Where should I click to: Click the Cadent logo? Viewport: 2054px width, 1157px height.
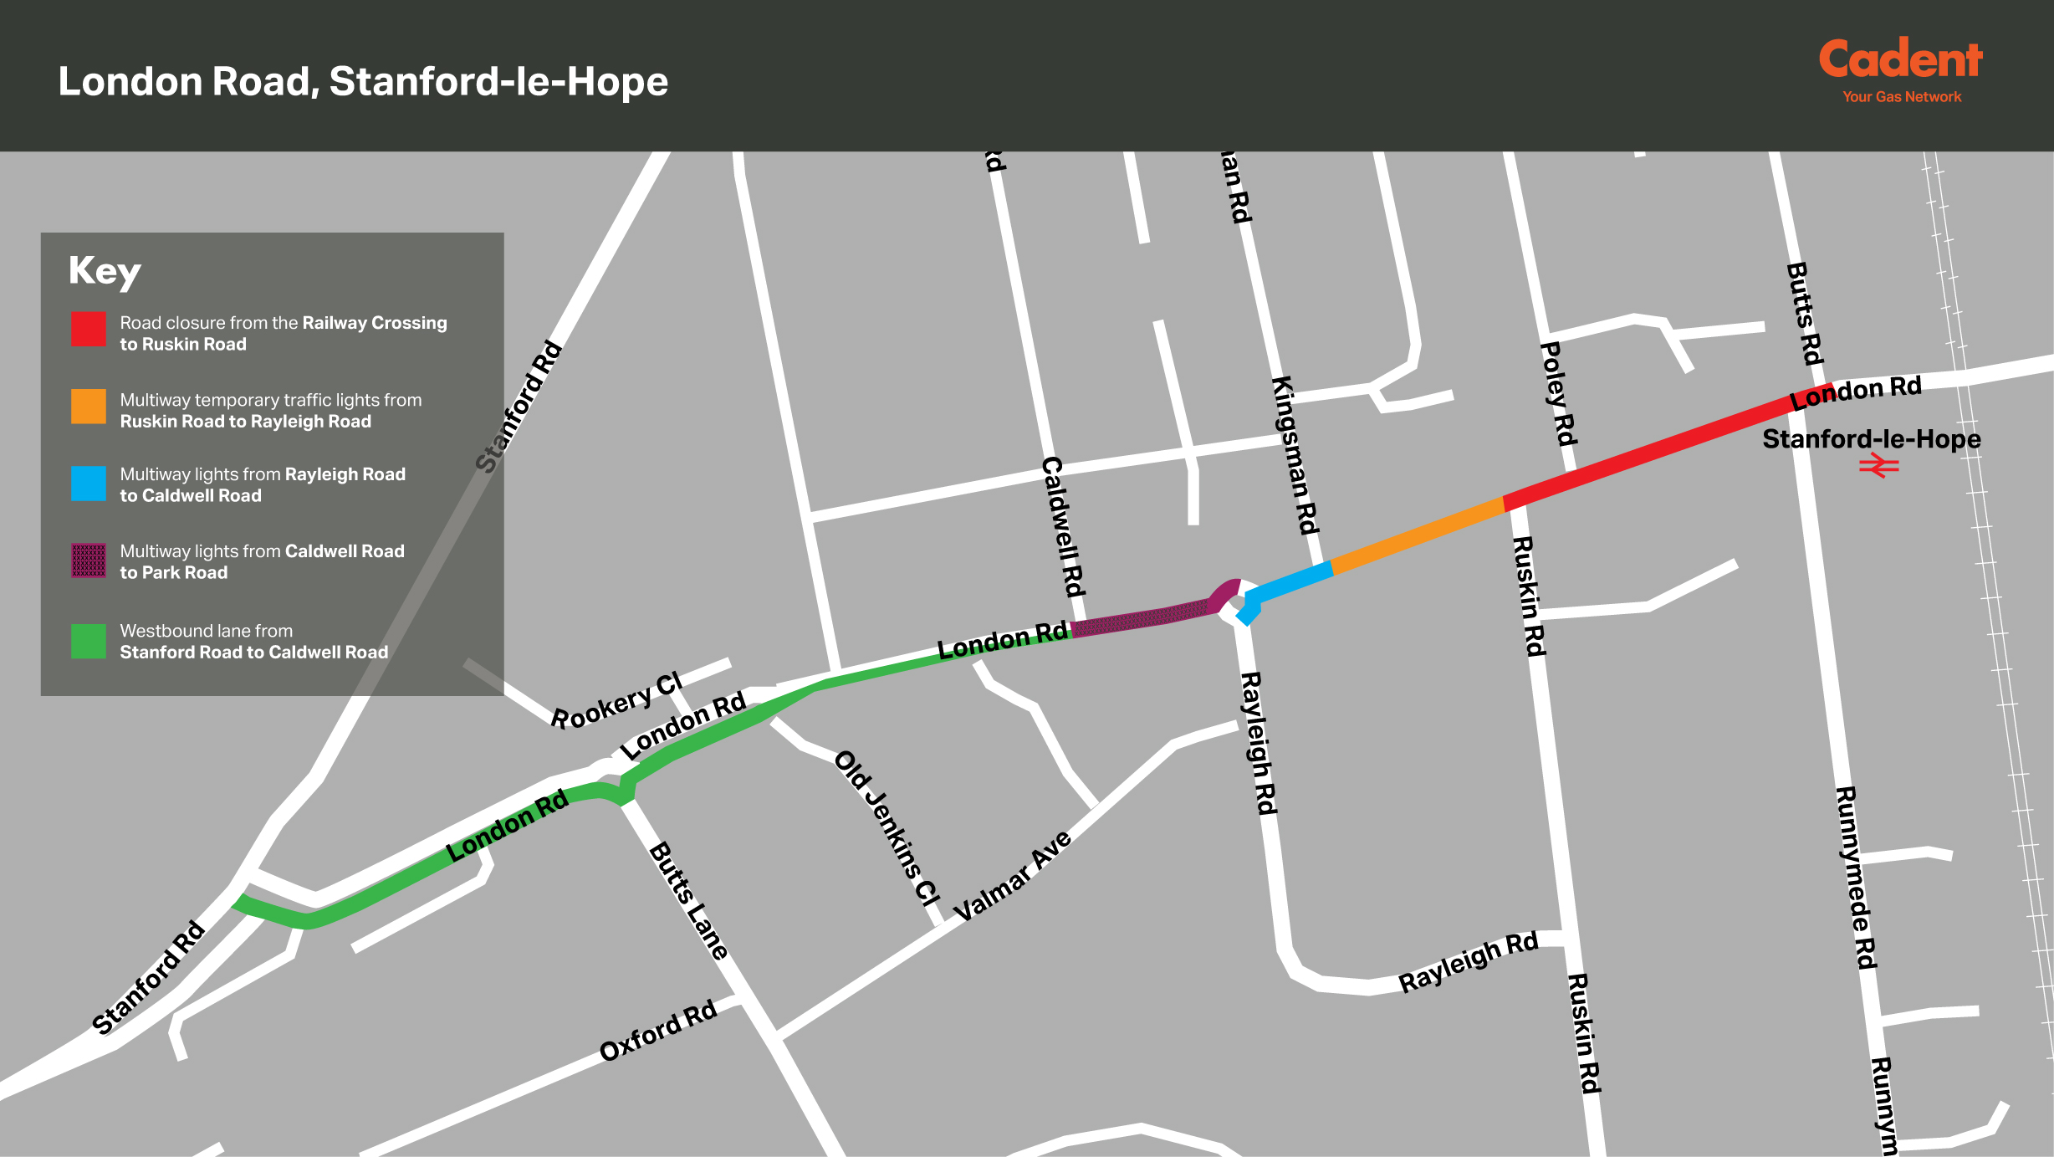pos(1900,69)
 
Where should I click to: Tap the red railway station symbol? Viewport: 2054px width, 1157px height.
pos(1878,466)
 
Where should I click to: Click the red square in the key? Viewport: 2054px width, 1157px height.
pos(89,329)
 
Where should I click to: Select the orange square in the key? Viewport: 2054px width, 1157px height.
pos(89,407)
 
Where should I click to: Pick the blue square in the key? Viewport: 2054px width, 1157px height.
pos(89,484)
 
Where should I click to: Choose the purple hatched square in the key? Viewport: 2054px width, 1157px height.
pos(89,561)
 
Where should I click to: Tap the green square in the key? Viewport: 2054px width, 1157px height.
pos(89,641)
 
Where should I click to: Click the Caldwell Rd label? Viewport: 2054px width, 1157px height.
pos(1063,526)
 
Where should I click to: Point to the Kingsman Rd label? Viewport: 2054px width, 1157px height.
pos(1295,455)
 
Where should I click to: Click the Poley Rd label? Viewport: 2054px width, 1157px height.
pos(1558,393)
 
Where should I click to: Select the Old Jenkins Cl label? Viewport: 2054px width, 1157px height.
pos(887,828)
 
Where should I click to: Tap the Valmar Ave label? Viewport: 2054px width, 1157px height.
pos(1012,875)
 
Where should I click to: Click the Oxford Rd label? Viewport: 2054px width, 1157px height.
pos(658,1030)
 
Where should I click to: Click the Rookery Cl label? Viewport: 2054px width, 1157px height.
pos(616,701)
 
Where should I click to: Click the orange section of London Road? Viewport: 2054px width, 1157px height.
pos(1418,535)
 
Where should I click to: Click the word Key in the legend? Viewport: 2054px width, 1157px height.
pos(105,271)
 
